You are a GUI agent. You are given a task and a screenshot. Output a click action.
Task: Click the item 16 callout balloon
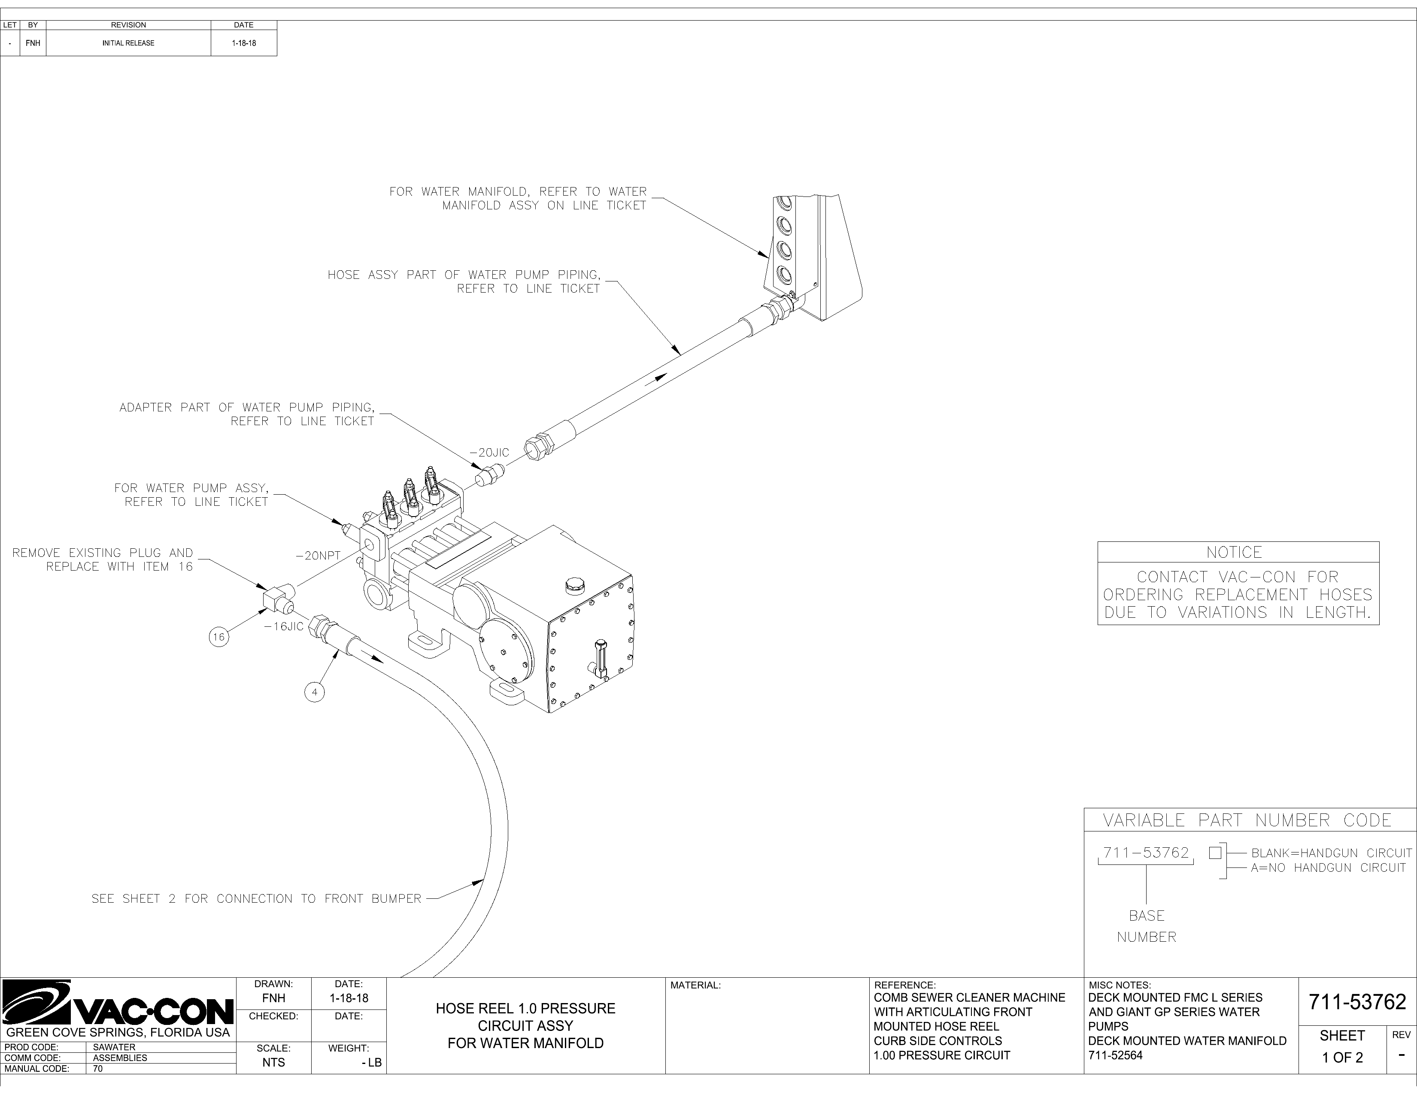pyautogui.click(x=218, y=637)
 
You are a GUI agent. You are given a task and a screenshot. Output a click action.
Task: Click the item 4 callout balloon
pyautogui.click(x=315, y=692)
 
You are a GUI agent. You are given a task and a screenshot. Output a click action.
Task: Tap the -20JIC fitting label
pyautogui.click(x=490, y=453)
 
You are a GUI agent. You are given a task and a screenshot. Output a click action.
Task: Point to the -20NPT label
pyautogui.click(x=318, y=556)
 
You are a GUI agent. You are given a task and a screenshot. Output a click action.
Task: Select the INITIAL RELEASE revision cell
pyautogui.click(x=128, y=43)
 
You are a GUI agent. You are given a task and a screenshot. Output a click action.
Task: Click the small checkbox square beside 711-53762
pyautogui.click(x=1215, y=853)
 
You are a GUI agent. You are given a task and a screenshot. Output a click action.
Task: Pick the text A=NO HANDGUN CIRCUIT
pyautogui.click(x=1328, y=867)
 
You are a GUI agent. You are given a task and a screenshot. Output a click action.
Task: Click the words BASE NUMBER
pyautogui.click(x=1147, y=926)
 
